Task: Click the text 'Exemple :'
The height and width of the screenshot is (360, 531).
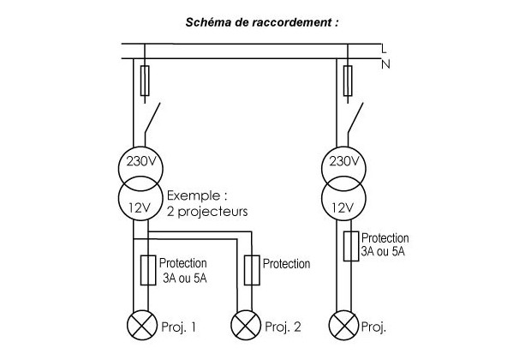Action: (x=197, y=195)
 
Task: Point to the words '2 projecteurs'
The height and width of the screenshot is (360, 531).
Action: (x=208, y=210)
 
